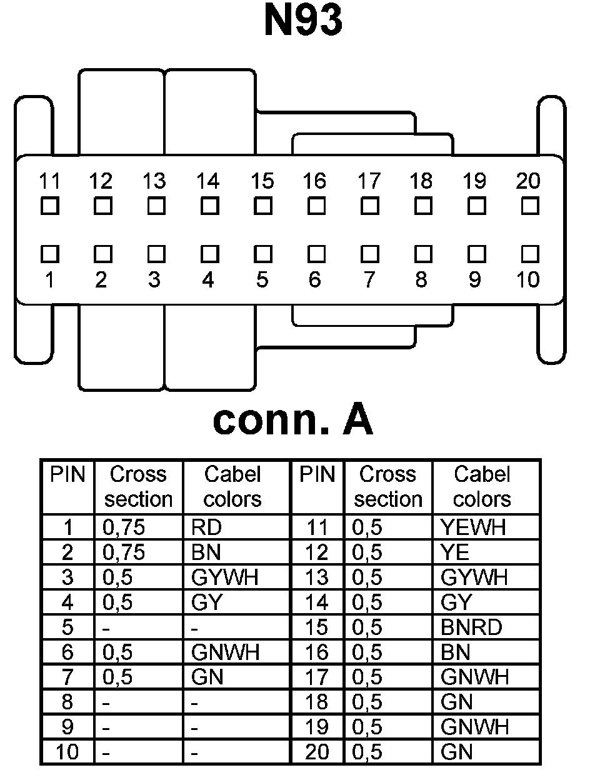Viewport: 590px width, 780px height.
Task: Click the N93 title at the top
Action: [303, 21]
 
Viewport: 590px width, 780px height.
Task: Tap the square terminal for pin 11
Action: [49, 205]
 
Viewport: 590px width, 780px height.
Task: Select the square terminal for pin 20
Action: [530, 205]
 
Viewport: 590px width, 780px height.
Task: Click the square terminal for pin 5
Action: [263, 253]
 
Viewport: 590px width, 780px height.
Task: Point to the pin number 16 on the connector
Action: [314, 181]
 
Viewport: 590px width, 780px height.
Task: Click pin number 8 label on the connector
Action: [421, 279]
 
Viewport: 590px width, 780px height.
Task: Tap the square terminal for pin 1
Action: [49, 253]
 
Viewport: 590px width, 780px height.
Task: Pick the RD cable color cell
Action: [207, 528]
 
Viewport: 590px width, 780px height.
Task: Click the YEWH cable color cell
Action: [472, 528]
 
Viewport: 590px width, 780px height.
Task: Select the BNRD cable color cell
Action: [471, 627]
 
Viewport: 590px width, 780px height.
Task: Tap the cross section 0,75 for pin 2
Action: [124, 552]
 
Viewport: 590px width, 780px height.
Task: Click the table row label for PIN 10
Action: [67, 752]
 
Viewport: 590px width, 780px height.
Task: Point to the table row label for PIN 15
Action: [317, 627]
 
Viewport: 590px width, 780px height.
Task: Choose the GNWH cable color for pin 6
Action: [225, 652]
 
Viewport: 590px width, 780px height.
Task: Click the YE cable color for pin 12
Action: [455, 552]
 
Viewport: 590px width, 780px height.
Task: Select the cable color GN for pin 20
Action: [456, 752]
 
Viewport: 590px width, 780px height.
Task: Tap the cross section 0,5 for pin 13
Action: [367, 577]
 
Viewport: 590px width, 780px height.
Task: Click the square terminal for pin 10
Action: [530, 253]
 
